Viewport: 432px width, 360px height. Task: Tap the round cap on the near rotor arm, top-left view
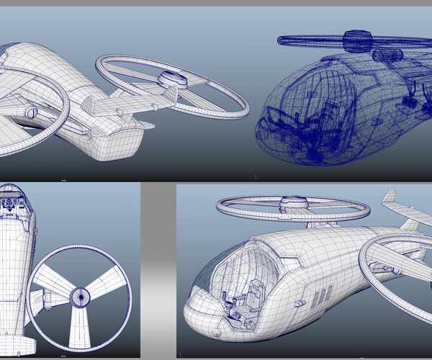tap(31, 112)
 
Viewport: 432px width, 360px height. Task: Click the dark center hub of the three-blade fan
tap(80, 295)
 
